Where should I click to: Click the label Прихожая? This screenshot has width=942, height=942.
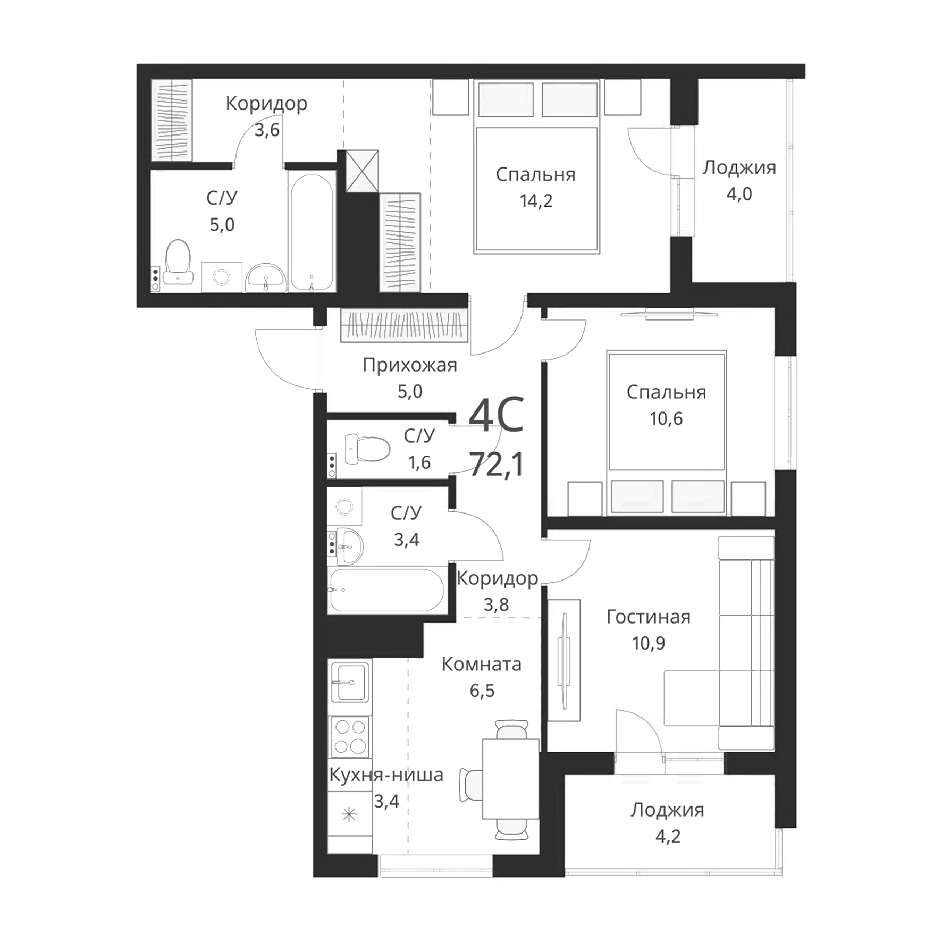pyautogui.click(x=409, y=365)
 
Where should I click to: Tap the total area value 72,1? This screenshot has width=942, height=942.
pyautogui.click(x=497, y=464)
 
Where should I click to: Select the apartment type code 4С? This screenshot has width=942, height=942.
pyautogui.click(x=496, y=415)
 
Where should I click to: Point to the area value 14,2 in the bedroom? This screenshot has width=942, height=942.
pyautogui.click(x=536, y=201)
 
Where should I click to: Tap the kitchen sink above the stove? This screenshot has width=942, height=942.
pyautogui.click(x=350, y=682)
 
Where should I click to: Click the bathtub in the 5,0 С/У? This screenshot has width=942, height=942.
pyautogui.click(x=312, y=233)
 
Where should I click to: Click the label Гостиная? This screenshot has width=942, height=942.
pyautogui.click(x=648, y=617)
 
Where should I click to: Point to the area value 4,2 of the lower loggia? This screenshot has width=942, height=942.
pyautogui.click(x=667, y=836)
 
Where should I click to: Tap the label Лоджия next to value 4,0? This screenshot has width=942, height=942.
pyautogui.click(x=739, y=167)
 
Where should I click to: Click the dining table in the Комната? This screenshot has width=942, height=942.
pyautogui.click(x=510, y=779)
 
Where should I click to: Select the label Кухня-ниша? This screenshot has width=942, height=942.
pyautogui.click(x=386, y=775)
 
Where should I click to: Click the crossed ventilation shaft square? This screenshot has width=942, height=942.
pyautogui.click(x=362, y=171)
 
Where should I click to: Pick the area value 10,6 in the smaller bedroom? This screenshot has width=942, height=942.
pyautogui.click(x=666, y=418)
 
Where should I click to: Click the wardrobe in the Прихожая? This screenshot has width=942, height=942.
pyautogui.click(x=404, y=325)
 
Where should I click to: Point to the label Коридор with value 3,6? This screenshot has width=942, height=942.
pyautogui.click(x=266, y=103)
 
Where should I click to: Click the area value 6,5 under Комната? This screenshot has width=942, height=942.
pyautogui.click(x=482, y=691)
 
